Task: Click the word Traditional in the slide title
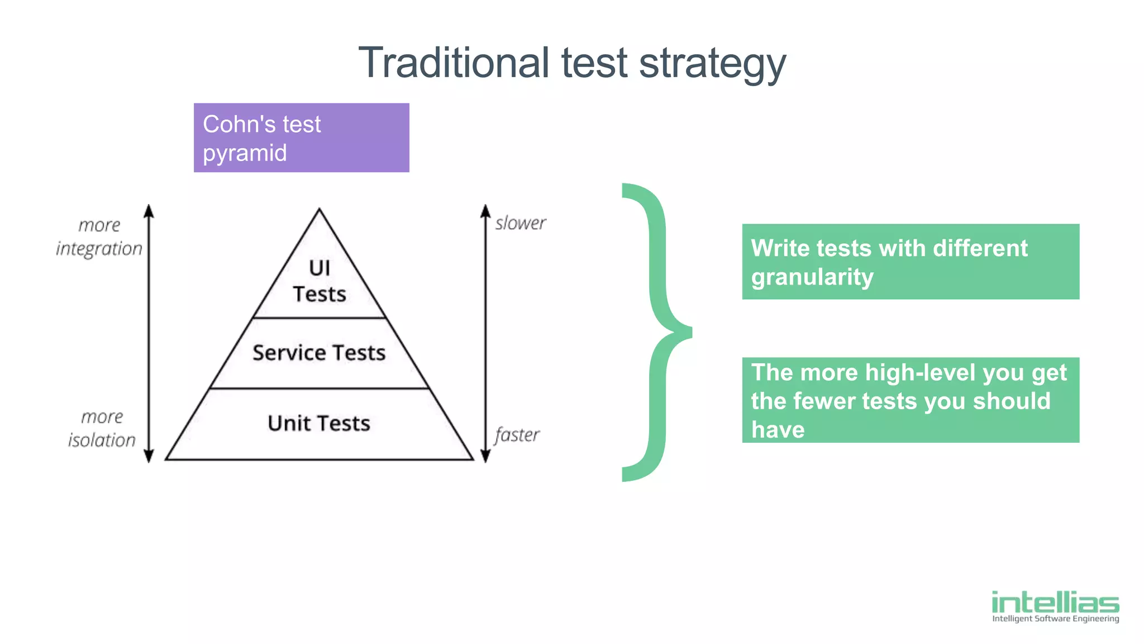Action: pyautogui.click(x=454, y=63)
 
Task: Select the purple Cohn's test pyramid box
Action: pyautogui.click(x=301, y=138)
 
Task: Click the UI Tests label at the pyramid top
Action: pyautogui.click(x=320, y=281)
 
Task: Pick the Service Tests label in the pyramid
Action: pyautogui.click(x=319, y=353)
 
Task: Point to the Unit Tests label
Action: pyautogui.click(x=319, y=423)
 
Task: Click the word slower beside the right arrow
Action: pyautogui.click(x=520, y=223)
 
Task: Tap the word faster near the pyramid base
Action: pyautogui.click(x=517, y=435)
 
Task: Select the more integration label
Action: pyautogui.click(x=99, y=237)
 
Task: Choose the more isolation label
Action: pyautogui.click(x=102, y=429)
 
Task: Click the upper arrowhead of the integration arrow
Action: pyautogui.click(x=149, y=211)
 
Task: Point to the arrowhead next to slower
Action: pyautogui.click(x=485, y=211)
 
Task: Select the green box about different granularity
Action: pyautogui.click(x=911, y=262)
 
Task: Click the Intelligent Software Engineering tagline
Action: pyautogui.click(x=1055, y=618)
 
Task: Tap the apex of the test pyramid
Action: pyautogui.click(x=320, y=210)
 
